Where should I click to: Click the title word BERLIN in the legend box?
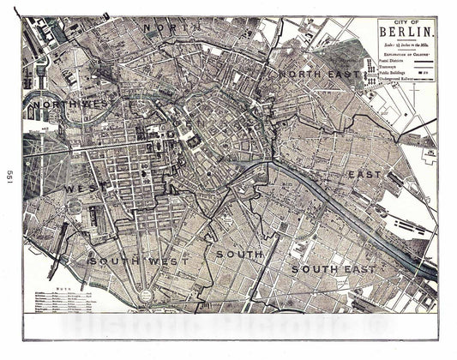[406, 34]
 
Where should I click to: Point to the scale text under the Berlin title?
[406, 45]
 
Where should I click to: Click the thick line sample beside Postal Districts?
[422, 61]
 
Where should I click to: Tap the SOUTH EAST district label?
[333, 269]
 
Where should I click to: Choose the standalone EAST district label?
[363, 175]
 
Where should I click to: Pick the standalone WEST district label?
[87, 185]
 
